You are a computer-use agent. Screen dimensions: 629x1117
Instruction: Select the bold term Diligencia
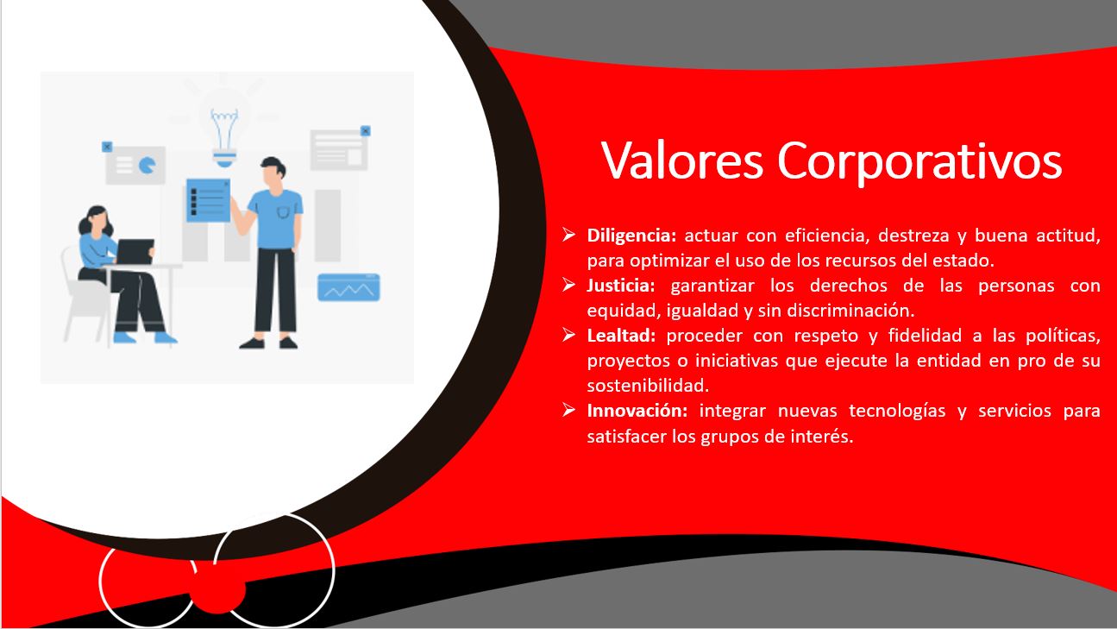click(x=634, y=236)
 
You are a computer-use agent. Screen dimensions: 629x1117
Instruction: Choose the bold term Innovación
click(x=637, y=411)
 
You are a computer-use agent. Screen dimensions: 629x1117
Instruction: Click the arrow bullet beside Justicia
click(x=569, y=284)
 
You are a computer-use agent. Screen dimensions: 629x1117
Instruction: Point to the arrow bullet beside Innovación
click(x=569, y=409)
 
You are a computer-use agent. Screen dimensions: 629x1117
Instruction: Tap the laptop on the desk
click(x=135, y=252)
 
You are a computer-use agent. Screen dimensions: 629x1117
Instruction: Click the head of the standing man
click(x=272, y=170)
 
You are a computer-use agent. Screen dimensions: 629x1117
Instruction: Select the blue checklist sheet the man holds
click(x=207, y=199)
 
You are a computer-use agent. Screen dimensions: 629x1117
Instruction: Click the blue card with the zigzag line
click(x=348, y=286)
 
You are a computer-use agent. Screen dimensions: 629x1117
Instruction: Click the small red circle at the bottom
click(x=217, y=588)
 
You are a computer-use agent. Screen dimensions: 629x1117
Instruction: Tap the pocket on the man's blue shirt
click(x=284, y=211)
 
